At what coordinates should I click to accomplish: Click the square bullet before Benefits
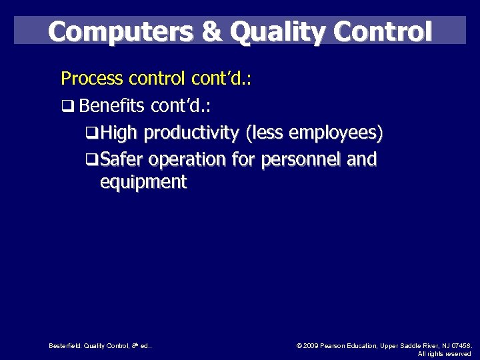tap(65, 107)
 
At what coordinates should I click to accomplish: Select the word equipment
tap(143, 182)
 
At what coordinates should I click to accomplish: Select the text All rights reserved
tap(444, 353)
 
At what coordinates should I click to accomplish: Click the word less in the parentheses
tap(265, 134)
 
